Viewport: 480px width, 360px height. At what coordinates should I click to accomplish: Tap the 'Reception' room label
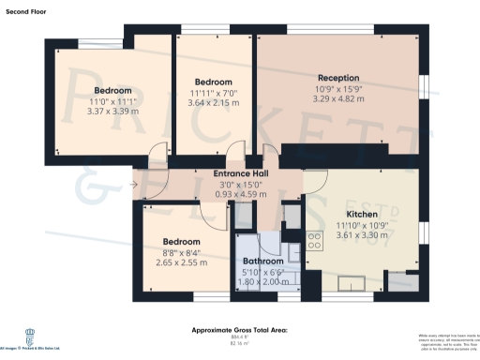click(x=338, y=78)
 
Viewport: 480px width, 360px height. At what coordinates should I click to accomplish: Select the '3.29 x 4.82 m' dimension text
click(x=338, y=98)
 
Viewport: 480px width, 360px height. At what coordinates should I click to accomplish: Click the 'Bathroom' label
click(x=263, y=262)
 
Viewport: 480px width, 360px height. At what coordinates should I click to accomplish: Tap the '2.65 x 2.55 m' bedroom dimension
click(x=182, y=262)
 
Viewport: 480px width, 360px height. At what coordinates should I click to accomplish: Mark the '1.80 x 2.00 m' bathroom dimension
click(x=263, y=281)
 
